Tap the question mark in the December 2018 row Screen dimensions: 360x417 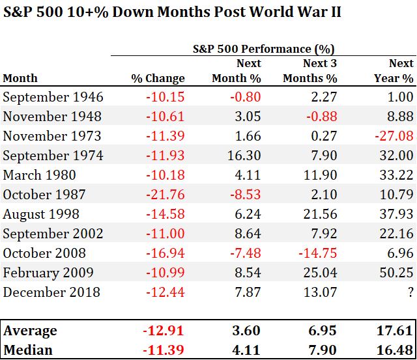click(x=410, y=292)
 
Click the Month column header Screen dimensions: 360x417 click(x=20, y=78)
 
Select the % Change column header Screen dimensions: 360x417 click(x=158, y=78)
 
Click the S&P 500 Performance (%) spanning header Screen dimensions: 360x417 click(x=263, y=49)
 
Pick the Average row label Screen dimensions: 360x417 click(x=30, y=331)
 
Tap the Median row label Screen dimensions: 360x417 click(x=28, y=350)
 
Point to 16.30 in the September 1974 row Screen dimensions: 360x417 click(x=245, y=156)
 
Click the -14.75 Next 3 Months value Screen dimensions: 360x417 click(x=320, y=253)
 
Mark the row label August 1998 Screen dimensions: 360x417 click(x=41, y=214)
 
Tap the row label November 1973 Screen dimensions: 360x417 click(x=52, y=137)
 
